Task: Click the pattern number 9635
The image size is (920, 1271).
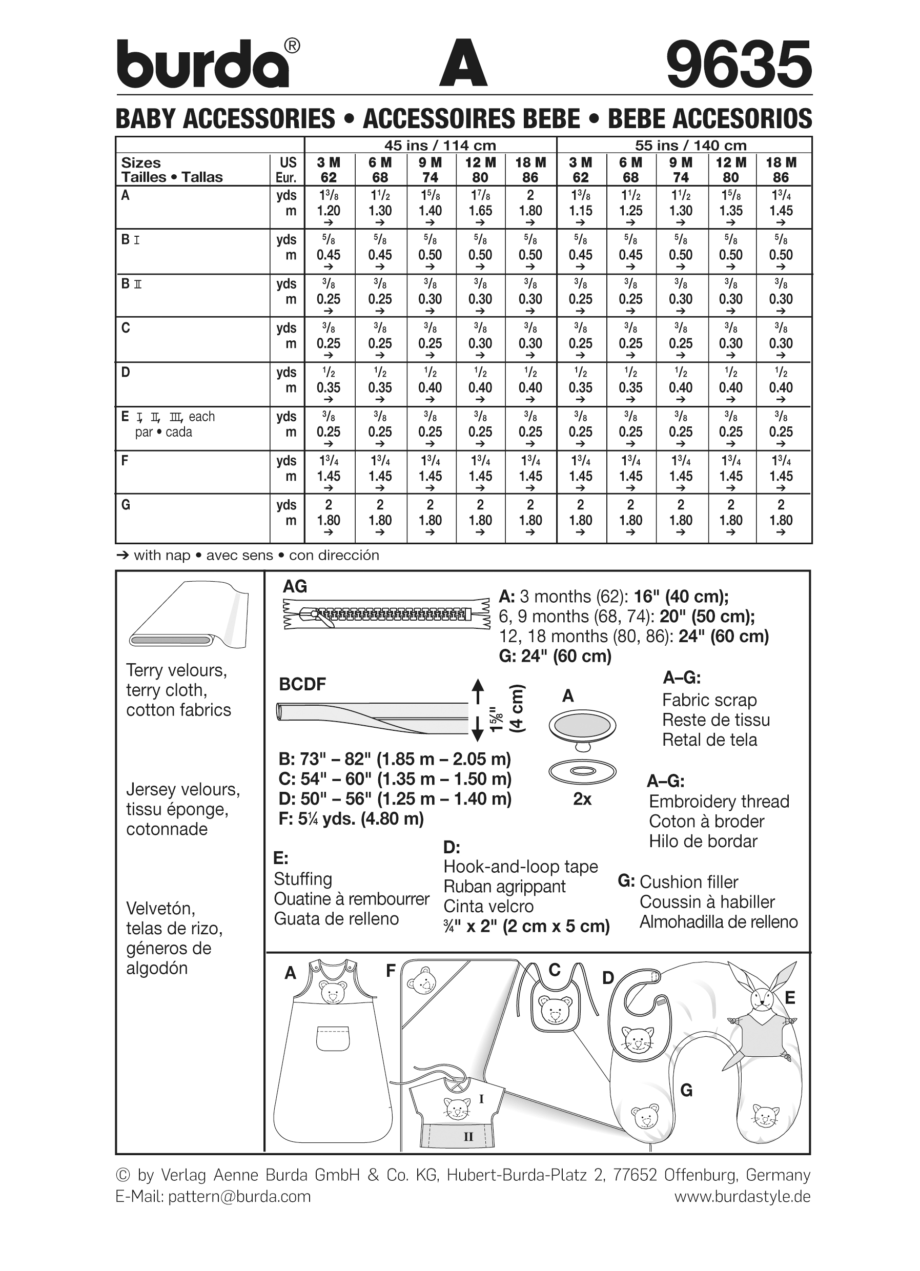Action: pos(739,65)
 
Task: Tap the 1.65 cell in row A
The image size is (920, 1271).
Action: pos(480,211)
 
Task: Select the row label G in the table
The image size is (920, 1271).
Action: pos(126,505)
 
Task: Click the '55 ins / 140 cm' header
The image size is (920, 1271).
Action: pos(690,145)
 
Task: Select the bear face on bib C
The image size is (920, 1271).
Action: pos(555,1012)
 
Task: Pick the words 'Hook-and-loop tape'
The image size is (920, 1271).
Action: pos(521,867)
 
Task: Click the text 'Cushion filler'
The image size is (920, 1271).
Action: pos(689,881)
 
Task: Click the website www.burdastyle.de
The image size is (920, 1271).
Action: pos(742,1197)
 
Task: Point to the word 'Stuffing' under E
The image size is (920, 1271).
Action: pos(302,879)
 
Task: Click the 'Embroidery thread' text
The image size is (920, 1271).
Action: pos(719,802)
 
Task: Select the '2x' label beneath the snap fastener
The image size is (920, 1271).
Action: pos(582,798)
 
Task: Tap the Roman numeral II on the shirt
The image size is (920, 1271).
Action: pos(468,1137)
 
